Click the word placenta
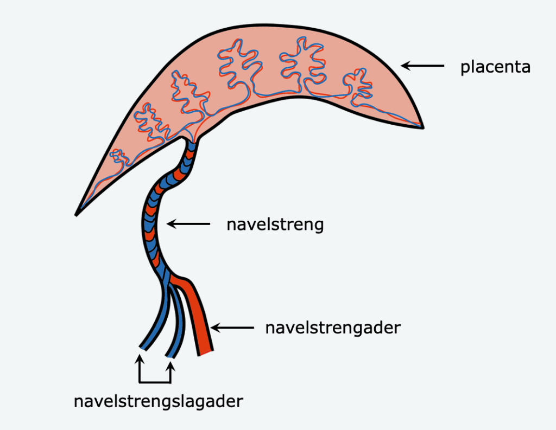[x=495, y=68]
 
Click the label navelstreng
[x=275, y=224]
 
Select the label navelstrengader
[x=332, y=328]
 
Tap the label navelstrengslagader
[x=159, y=402]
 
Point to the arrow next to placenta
[x=422, y=66]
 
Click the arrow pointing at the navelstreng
[x=188, y=223]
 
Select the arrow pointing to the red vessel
[x=232, y=328]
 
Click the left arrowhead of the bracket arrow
[x=140, y=359]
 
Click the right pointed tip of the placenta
[x=422, y=127]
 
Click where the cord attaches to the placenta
[x=190, y=142]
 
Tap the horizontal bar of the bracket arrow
[x=155, y=382]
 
